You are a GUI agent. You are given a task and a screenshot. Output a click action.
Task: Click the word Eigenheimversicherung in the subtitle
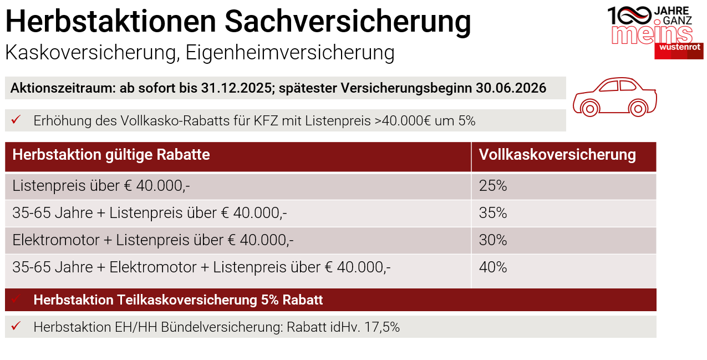[x=290, y=53]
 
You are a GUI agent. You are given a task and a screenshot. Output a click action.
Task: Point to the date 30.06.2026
[x=511, y=88]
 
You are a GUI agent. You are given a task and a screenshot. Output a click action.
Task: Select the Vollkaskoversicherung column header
[x=557, y=155]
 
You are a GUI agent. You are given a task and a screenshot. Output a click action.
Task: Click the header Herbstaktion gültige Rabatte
[x=111, y=155]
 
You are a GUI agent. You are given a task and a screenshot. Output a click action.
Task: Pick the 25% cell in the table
[x=493, y=186]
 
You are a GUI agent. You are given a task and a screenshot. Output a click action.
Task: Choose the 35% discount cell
[x=493, y=213]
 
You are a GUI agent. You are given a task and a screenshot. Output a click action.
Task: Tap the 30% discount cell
[x=493, y=240]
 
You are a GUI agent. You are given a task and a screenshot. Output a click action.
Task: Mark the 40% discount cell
[x=493, y=267]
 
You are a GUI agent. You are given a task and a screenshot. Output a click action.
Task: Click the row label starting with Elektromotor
[x=153, y=240]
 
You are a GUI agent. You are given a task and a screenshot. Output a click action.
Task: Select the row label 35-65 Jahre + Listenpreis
[x=150, y=213]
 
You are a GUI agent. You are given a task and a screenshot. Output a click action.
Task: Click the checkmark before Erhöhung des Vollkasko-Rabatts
[x=16, y=120]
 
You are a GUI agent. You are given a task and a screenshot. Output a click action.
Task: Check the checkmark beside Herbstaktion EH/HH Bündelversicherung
[x=16, y=327]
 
